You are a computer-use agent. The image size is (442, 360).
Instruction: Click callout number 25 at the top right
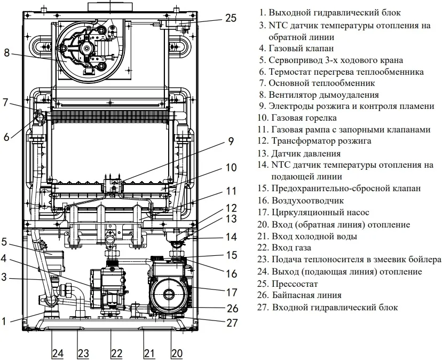[231, 18]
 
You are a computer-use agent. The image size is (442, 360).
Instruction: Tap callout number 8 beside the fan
[7, 53]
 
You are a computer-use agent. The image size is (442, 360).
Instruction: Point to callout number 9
[231, 142]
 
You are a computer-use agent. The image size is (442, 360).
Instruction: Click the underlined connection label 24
[57, 353]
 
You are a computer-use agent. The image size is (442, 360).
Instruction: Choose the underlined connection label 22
[116, 353]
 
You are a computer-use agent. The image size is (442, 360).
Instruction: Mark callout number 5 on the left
[4, 241]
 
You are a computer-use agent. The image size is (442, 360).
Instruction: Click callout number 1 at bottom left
[4, 321]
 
